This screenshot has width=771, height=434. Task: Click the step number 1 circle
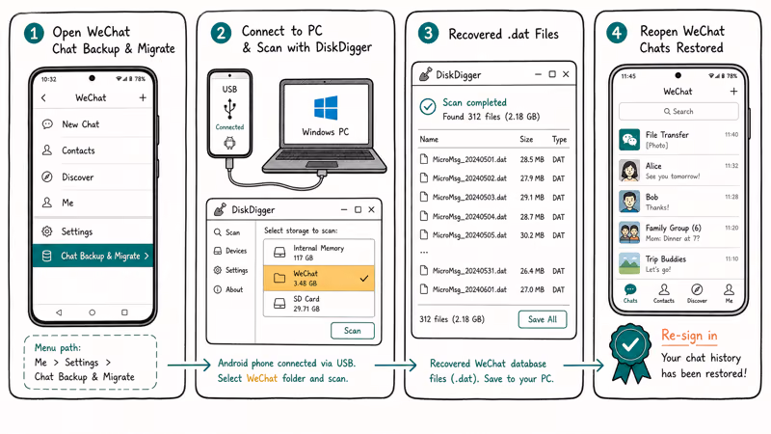coord(34,34)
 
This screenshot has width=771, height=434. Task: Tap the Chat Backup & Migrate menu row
coord(93,256)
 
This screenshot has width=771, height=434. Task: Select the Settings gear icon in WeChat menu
coord(46,231)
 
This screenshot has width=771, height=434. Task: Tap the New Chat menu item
coord(81,124)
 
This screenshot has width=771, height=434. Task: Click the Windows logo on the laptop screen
coord(326,108)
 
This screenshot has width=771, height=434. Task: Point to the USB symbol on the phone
coord(229,108)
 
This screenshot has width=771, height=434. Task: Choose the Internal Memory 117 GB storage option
coord(319,253)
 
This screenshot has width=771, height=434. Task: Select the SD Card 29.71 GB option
coord(319,304)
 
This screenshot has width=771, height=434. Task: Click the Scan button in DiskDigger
coord(353,331)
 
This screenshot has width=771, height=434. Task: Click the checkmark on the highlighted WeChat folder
coord(364,279)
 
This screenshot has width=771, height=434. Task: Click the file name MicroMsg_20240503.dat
coord(469,198)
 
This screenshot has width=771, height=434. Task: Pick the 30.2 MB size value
coord(532,235)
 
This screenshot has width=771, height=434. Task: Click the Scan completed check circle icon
coord(428,107)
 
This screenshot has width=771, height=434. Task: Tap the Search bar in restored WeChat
coord(678,111)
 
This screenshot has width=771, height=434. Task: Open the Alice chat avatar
coord(629,171)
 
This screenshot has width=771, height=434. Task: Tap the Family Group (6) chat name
coord(673,228)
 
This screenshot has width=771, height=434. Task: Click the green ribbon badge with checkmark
coord(630,351)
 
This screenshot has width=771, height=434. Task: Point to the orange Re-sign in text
coord(689,336)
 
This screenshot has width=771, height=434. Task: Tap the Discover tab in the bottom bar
coord(697,293)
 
